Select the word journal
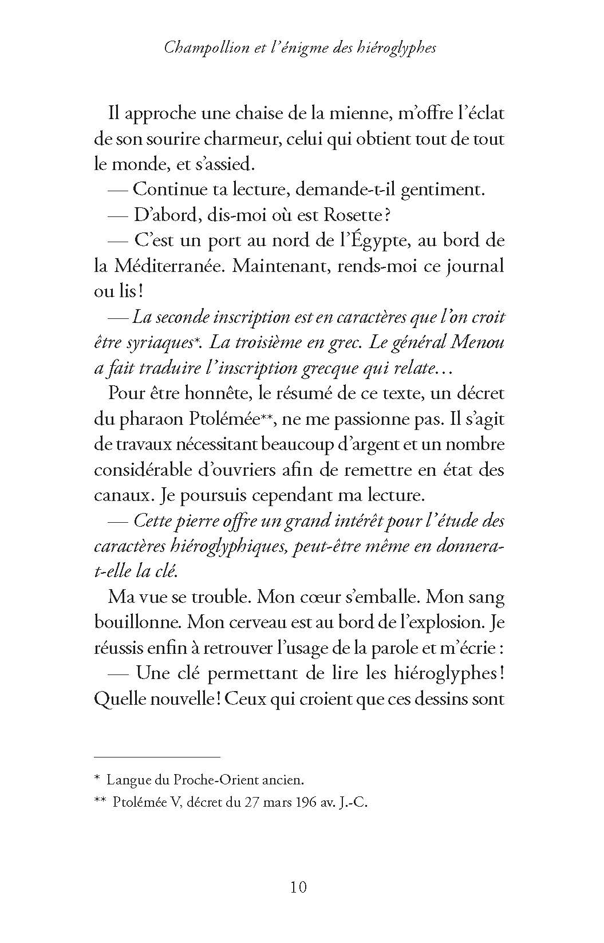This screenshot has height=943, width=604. pos(471,266)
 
